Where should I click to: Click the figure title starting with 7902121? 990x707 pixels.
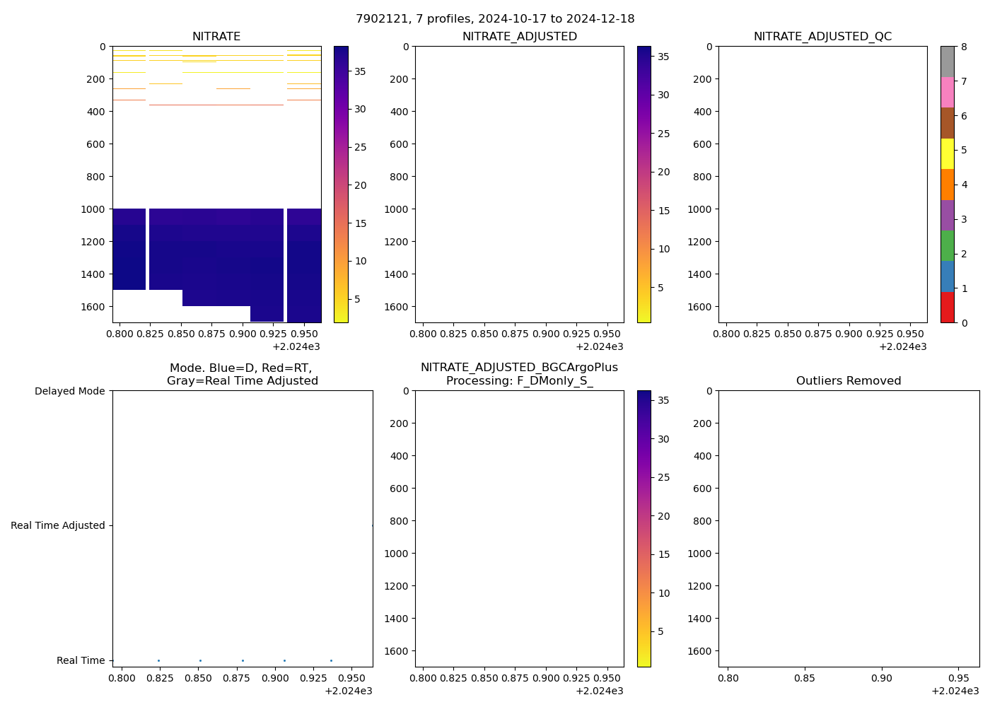[x=495, y=19]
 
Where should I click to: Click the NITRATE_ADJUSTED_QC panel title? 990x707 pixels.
[x=822, y=37]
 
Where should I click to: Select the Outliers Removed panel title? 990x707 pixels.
[x=849, y=381]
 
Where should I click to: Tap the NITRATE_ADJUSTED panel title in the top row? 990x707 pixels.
[x=519, y=37]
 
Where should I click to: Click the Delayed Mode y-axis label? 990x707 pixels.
[x=69, y=391]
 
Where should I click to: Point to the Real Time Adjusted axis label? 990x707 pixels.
[x=58, y=525]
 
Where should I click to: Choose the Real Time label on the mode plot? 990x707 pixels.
[x=81, y=660]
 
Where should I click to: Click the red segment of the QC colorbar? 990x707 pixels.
[x=947, y=308]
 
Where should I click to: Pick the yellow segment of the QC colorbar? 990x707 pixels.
[x=947, y=153]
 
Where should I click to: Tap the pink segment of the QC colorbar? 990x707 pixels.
[x=947, y=92]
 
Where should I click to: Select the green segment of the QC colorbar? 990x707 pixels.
[x=947, y=245]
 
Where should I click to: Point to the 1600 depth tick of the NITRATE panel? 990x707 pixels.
[x=94, y=307]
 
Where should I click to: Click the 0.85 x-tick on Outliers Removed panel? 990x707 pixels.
[x=805, y=678]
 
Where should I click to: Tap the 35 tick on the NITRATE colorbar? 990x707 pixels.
[x=360, y=71]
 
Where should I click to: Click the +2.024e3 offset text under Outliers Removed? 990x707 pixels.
[x=955, y=691]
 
